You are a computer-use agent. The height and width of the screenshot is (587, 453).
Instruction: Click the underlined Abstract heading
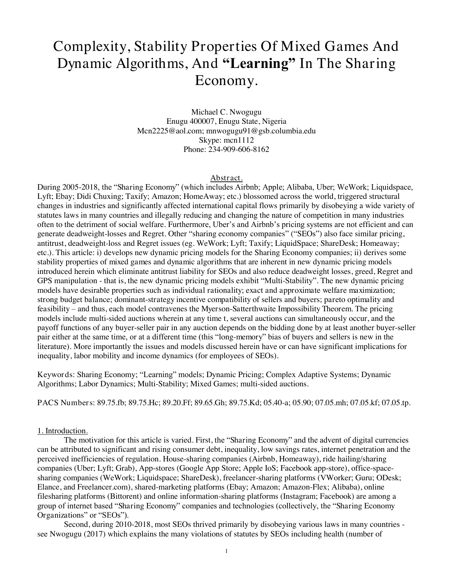pos(226,178)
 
